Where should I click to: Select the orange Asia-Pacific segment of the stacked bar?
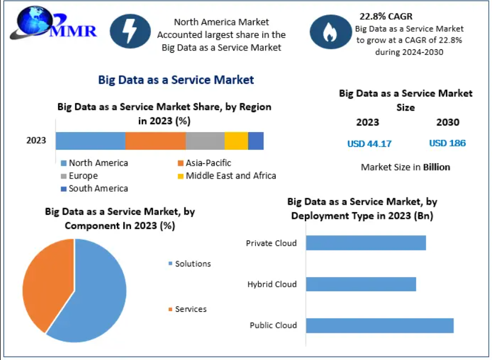coord(155,141)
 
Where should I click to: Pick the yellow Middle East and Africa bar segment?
coord(236,141)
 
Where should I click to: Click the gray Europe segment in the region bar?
coord(205,141)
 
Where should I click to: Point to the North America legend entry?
coord(95,163)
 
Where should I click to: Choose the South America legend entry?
coord(95,188)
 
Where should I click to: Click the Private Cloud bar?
coord(365,243)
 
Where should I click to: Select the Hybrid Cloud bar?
coord(361,284)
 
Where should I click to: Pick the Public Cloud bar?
coord(379,325)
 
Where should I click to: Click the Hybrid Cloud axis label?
coord(272,284)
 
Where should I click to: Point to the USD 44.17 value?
coord(369,143)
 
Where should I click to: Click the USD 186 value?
coord(447,143)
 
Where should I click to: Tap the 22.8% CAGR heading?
coord(386,16)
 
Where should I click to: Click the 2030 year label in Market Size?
coord(448,122)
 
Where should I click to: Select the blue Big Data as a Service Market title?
coord(176,80)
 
